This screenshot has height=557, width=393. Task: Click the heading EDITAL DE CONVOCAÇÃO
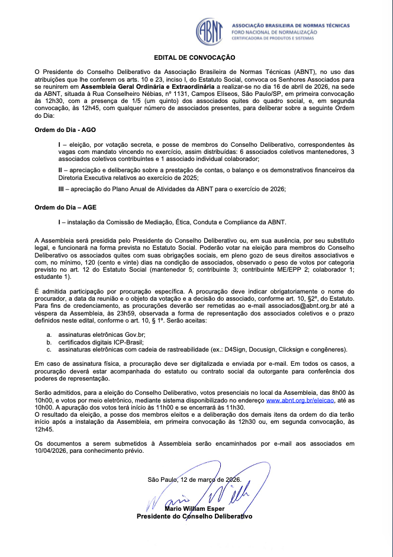(194, 57)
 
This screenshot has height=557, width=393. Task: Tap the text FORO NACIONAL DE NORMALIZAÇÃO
(274, 32)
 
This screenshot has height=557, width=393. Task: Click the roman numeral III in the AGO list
(62, 188)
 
